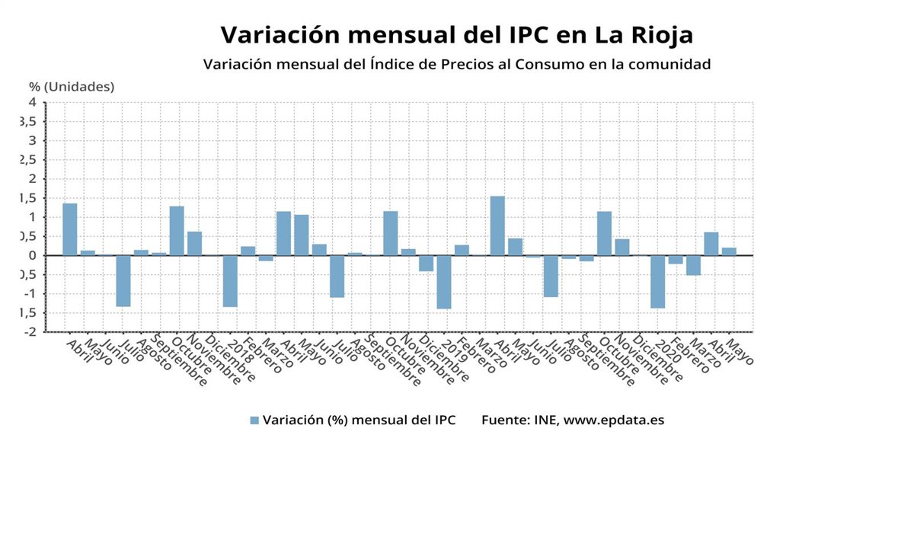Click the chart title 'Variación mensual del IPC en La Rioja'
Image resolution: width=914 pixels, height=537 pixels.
coord(457,35)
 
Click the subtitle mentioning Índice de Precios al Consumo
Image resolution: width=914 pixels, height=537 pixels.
coord(457,64)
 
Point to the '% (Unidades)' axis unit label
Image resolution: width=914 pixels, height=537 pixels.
coord(72,87)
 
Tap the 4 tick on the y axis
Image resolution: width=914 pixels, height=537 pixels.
coord(33,102)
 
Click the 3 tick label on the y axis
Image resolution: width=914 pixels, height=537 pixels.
coord(33,140)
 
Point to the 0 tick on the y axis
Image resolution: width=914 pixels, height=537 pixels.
coord(33,255)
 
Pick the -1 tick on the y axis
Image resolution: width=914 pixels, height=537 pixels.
coord(30,294)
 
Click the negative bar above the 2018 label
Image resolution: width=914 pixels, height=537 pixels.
coord(230,281)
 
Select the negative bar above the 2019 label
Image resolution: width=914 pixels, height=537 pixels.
coord(444,282)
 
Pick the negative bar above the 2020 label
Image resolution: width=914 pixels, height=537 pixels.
coord(658,282)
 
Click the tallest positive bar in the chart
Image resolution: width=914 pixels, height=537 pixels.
coord(497,225)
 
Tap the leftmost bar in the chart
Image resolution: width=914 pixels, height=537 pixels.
coord(70,229)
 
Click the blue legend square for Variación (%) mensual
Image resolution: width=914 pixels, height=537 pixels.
coord(254,420)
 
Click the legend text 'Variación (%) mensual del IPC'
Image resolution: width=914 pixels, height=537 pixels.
coord(359,420)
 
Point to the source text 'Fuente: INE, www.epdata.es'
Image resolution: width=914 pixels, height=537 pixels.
coord(573,420)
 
